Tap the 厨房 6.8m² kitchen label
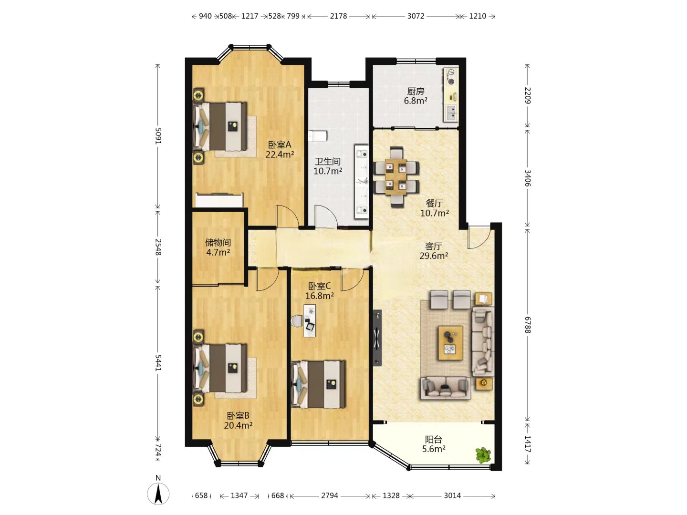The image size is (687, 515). (x=416, y=96)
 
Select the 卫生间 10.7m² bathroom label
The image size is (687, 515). (x=327, y=166)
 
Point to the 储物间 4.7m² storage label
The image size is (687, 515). (x=218, y=247)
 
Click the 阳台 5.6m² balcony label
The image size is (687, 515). (x=434, y=444)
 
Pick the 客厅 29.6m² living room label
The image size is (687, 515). (x=434, y=251)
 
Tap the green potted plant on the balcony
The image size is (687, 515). (x=483, y=455)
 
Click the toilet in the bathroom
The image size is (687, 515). (x=317, y=136)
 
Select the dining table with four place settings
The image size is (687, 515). (x=396, y=177)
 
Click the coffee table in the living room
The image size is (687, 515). (x=451, y=343)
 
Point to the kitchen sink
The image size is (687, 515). (x=451, y=113)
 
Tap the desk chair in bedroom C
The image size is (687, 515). (x=296, y=321)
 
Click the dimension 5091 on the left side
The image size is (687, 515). (x=158, y=136)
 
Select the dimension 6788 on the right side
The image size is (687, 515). (x=528, y=325)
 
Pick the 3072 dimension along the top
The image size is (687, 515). (x=416, y=16)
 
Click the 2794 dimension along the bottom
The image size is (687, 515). (x=330, y=495)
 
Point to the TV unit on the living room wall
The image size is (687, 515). (x=377, y=338)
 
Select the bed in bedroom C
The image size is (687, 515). (x=318, y=385)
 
